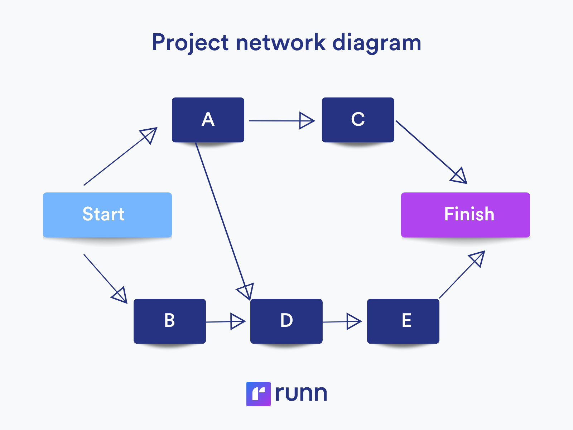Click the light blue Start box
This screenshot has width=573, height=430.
click(107, 215)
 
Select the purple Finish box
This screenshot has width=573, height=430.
click(465, 215)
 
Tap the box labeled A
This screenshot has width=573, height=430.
click(208, 120)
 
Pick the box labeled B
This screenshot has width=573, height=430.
click(169, 321)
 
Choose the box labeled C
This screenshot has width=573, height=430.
click(358, 120)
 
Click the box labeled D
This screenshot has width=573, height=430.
click(286, 321)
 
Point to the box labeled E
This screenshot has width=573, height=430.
click(403, 321)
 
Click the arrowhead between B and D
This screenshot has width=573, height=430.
click(237, 321)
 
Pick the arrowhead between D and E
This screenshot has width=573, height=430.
click(353, 321)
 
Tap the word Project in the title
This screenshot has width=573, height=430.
click(190, 43)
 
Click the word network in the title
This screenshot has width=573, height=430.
click(280, 43)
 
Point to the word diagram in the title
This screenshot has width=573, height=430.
click(376, 43)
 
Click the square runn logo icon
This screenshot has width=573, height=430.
click(258, 394)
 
